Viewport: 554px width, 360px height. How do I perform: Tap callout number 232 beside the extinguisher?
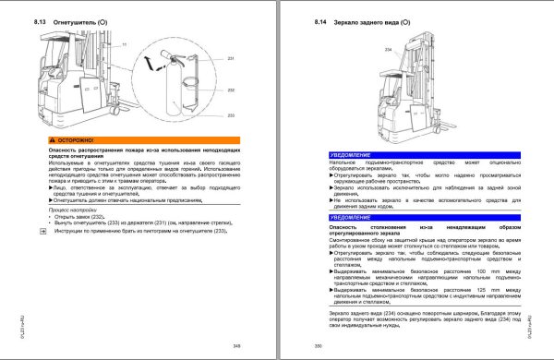(231, 90)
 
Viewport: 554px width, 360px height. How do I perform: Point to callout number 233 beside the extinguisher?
(231, 115)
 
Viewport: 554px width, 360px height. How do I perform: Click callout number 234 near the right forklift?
(388, 49)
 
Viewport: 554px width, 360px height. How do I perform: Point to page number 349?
(236, 345)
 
